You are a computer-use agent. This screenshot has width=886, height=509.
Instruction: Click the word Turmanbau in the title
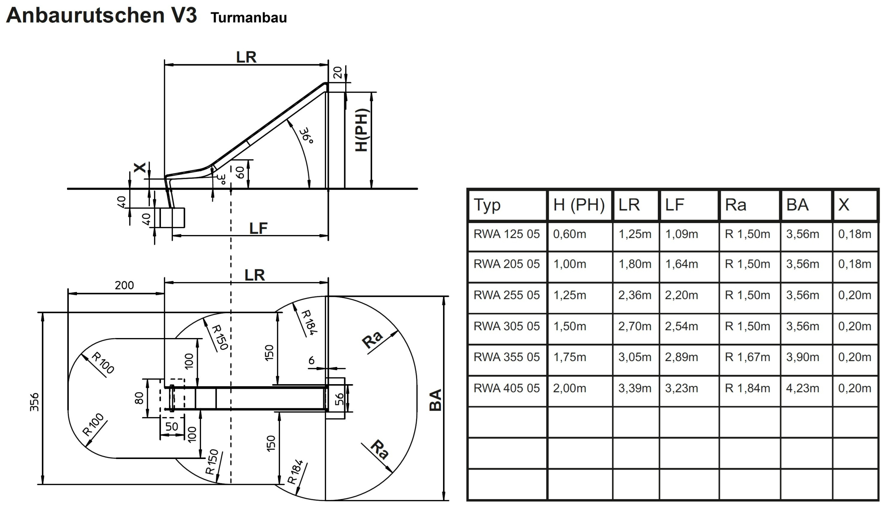tap(249, 18)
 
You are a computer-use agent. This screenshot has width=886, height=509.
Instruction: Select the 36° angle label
tap(306, 136)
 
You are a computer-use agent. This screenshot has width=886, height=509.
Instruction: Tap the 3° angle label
tap(221, 179)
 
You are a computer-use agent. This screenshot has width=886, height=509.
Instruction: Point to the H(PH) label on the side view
tap(362, 130)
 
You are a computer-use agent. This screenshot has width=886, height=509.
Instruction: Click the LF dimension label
tap(258, 228)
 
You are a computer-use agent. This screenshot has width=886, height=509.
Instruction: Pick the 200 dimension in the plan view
tap(124, 285)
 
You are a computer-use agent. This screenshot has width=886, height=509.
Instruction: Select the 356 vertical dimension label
tap(34, 402)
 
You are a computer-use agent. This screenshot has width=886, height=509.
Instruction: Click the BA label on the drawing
tap(436, 400)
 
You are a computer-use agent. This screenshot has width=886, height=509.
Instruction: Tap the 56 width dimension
tap(339, 399)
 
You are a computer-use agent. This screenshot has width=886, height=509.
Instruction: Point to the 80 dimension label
tap(139, 398)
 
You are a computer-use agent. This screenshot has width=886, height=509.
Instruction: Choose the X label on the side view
tap(140, 167)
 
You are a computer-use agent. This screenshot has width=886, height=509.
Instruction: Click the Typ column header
tap(487, 205)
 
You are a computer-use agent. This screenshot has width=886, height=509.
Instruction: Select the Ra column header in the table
tap(736, 205)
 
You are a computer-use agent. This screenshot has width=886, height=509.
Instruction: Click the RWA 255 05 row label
tap(507, 295)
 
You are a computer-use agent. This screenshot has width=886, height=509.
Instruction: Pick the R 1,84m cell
tap(747, 388)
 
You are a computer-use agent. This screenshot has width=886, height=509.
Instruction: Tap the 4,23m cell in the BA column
tap(802, 388)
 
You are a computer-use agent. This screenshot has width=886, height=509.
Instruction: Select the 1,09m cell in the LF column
tap(682, 234)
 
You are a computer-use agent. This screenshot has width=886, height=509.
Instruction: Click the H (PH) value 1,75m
tap(570, 357)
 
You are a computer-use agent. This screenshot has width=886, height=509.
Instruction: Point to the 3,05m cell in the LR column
tap(635, 357)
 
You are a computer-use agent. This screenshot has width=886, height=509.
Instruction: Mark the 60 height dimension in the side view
tap(240, 173)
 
